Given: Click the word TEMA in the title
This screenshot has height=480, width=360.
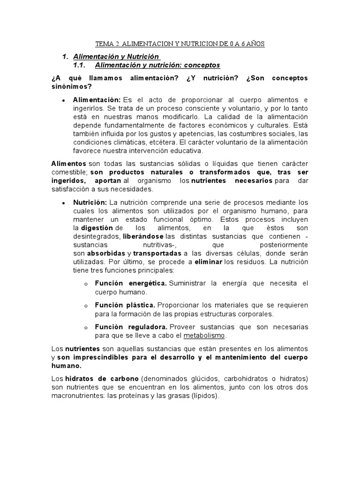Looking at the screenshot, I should click(104, 44).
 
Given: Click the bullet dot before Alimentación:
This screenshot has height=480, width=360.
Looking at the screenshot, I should click(63, 100).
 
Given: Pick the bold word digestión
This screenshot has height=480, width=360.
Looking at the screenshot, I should click(97, 228).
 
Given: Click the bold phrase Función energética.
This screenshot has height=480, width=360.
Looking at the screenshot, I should click(130, 284).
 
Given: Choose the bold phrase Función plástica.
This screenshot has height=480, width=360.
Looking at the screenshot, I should click(125, 305).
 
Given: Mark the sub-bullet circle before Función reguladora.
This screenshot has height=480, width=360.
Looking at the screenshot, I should click(85, 327).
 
